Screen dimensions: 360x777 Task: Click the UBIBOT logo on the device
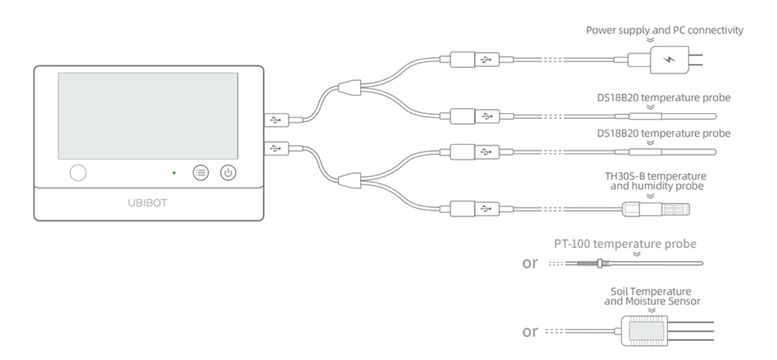tap(148, 202)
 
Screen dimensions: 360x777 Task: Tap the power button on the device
tap(228, 173)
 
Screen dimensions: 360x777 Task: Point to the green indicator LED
tap(174, 173)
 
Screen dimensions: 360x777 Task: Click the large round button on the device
tap(78, 172)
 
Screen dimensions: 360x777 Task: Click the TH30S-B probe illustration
tap(656, 209)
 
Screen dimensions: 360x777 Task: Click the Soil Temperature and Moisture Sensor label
tap(652, 296)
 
